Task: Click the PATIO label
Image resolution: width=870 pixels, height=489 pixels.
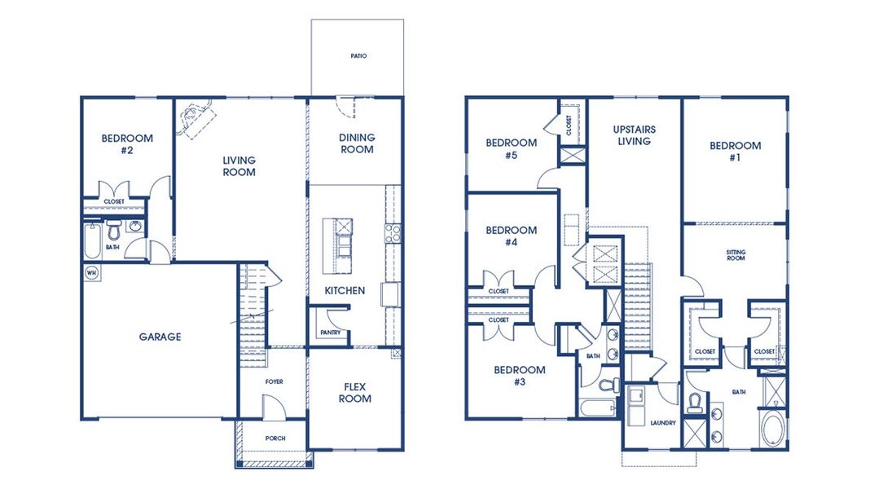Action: point(358,56)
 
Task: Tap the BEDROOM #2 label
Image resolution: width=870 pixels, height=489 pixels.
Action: point(126,144)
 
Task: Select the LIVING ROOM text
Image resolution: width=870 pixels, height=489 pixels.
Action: point(239,166)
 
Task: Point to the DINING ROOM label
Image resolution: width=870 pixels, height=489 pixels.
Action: point(357,143)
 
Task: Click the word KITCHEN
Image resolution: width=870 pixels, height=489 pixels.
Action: point(345,290)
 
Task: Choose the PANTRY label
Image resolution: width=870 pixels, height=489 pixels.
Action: point(329,333)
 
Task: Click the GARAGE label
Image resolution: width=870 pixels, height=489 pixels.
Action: point(160,337)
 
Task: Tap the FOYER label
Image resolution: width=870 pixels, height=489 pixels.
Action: point(273,381)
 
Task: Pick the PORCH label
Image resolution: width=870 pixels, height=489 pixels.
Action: point(275,438)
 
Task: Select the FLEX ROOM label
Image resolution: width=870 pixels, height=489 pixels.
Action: point(355,393)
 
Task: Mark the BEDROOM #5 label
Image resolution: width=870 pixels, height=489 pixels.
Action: point(511,148)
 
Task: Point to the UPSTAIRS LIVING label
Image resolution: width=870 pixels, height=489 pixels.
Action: point(634,135)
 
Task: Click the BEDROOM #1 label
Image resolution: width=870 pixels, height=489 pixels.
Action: point(735,152)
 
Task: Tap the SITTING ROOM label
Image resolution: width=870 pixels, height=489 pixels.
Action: point(735,255)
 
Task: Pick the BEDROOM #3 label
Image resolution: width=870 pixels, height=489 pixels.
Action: point(520,376)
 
